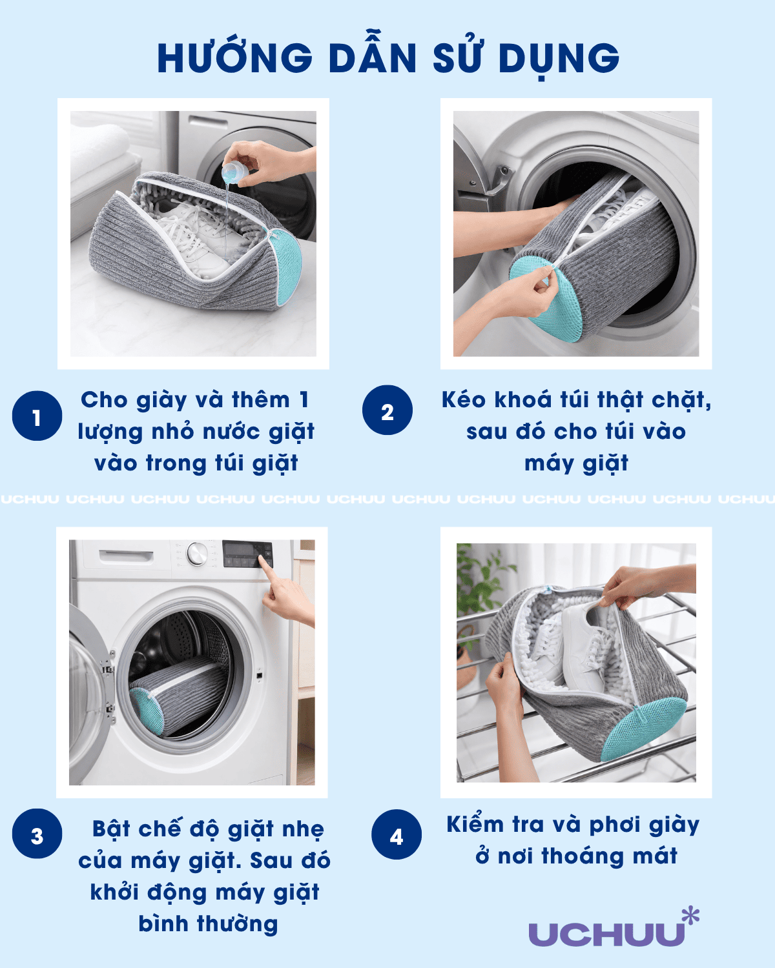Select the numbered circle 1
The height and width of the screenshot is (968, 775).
pos(37,416)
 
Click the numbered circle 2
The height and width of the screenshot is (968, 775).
pos(387,410)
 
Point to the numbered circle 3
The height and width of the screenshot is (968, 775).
pos(37,834)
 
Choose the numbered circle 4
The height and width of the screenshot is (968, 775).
pos(397,834)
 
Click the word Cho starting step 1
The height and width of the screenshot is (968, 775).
pos(104,400)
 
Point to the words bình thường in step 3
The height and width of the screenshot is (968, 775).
pos(208,925)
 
